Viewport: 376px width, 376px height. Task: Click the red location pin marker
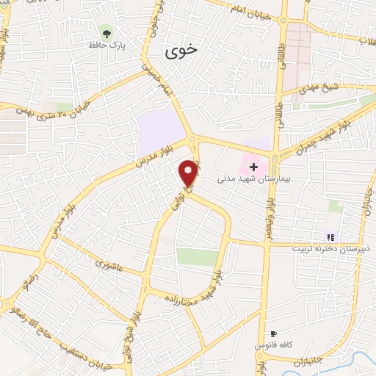189,173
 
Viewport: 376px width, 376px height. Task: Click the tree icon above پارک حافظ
107,32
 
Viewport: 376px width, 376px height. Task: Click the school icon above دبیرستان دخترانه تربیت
330,236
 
